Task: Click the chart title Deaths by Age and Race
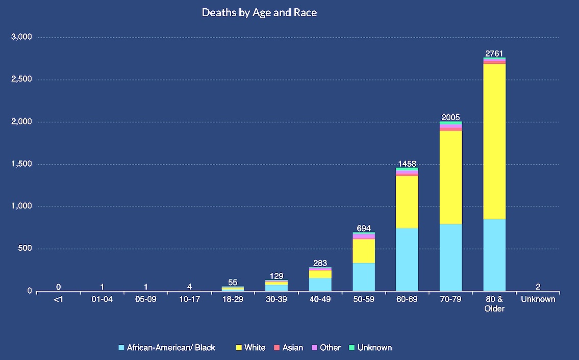click(x=259, y=13)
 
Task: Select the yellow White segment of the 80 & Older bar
click(x=494, y=142)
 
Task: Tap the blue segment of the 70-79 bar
click(x=450, y=258)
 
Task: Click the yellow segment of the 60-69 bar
click(x=407, y=202)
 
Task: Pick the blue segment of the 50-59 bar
click(x=363, y=277)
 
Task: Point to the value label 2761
click(x=494, y=54)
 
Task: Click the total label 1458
click(x=407, y=164)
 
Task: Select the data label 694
click(x=363, y=228)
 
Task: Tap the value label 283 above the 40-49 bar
click(x=320, y=263)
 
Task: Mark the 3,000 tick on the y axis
click(x=21, y=37)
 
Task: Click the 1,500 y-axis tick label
click(x=21, y=164)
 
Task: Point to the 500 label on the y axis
click(x=26, y=249)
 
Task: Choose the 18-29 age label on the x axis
click(x=233, y=299)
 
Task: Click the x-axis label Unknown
click(x=538, y=299)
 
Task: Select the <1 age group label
click(x=58, y=299)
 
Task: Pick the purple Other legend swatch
click(x=314, y=348)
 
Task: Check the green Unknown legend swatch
click(x=351, y=348)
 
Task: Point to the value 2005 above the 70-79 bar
click(x=450, y=117)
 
